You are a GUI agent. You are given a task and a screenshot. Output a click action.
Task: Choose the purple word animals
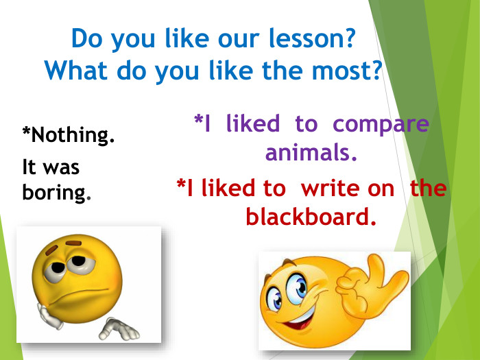(x=311, y=152)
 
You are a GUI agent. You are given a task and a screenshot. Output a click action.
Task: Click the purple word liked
(x=252, y=124)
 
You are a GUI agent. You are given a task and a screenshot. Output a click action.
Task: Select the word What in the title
(x=73, y=70)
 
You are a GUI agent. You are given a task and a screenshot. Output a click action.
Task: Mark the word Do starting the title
(x=84, y=38)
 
